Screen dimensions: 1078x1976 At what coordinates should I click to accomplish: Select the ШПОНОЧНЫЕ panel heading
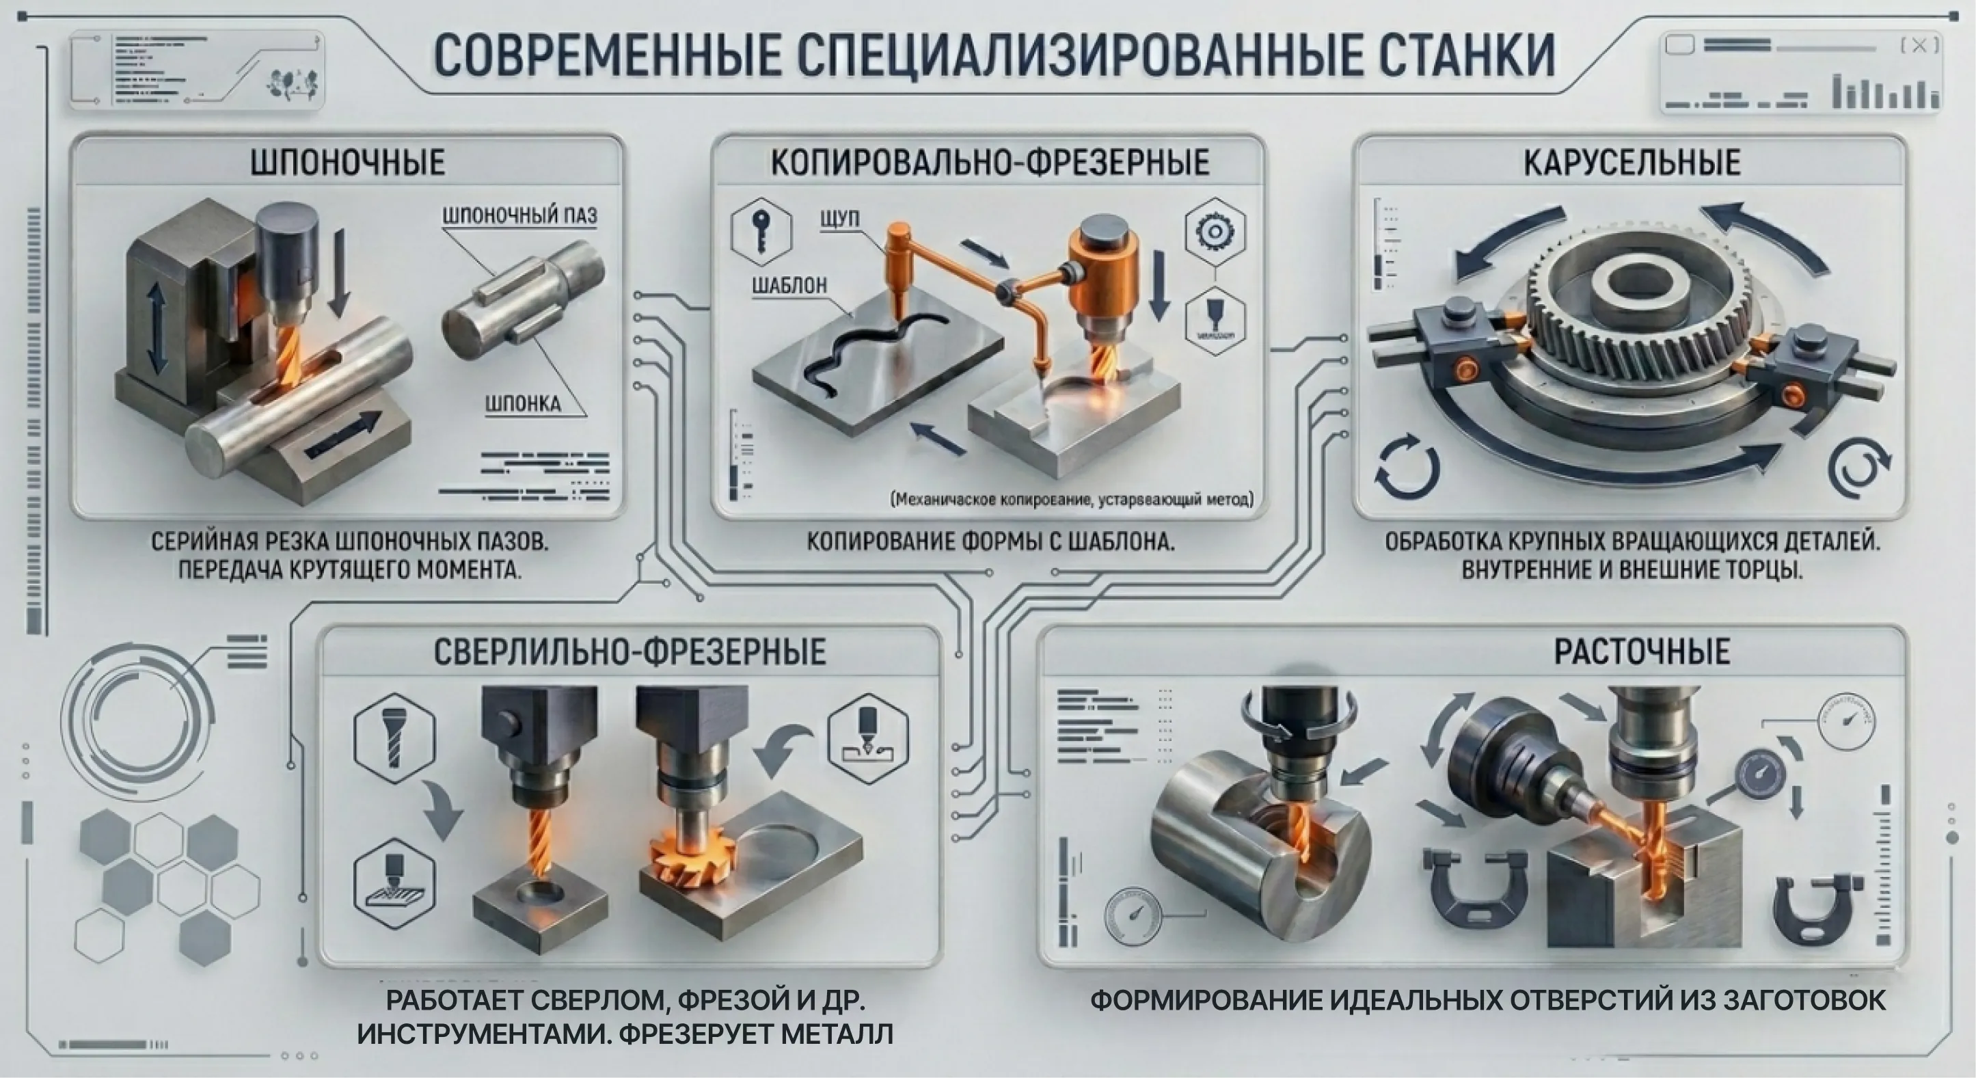coord(347,163)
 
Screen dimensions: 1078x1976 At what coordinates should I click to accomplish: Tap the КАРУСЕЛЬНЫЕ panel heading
coord(1632,163)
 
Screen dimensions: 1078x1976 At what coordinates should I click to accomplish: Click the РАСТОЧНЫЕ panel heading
coord(1642,651)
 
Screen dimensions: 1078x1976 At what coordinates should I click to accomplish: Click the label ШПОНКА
coord(522,403)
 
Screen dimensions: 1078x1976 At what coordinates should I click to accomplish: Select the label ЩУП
coord(839,219)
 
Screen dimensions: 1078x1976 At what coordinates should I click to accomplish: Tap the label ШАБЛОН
coord(789,286)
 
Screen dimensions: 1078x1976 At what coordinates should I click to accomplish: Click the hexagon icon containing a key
coord(761,231)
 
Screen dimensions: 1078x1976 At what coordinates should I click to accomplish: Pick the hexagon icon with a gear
coord(1215,231)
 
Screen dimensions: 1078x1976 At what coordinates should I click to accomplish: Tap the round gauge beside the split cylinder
coord(1132,916)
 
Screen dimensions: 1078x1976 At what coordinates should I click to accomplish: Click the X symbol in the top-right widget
coord(1919,46)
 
